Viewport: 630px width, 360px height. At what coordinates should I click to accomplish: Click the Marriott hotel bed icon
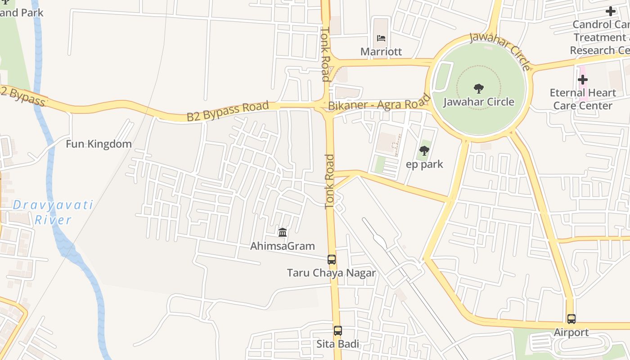click(381, 38)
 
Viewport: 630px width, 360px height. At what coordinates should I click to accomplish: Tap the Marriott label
click(381, 52)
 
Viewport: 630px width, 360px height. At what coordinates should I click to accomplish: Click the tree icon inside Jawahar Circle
click(479, 88)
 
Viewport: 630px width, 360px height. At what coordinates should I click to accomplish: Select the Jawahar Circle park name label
click(479, 102)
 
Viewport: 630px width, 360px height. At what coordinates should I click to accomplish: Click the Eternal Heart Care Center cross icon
click(583, 80)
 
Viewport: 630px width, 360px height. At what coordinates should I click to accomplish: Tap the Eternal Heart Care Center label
click(583, 99)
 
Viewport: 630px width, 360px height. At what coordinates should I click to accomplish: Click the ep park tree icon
click(424, 151)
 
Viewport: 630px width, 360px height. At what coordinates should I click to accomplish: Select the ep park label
click(424, 164)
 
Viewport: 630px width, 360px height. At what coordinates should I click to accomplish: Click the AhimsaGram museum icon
click(283, 233)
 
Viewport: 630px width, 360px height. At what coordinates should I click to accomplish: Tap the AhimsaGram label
click(283, 246)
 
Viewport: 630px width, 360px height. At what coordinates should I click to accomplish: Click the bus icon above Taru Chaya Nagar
click(332, 259)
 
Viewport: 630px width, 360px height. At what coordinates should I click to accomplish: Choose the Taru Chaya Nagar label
click(332, 273)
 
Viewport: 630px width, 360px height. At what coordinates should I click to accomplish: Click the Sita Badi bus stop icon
click(337, 331)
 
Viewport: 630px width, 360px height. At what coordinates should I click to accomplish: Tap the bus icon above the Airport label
click(571, 319)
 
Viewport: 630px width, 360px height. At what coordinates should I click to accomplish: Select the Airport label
click(571, 333)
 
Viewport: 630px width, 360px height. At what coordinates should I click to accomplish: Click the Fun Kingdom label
click(99, 144)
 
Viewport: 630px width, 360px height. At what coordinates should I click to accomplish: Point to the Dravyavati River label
click(53, 212)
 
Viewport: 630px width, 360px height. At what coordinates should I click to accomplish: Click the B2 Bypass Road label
click(228, 111)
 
